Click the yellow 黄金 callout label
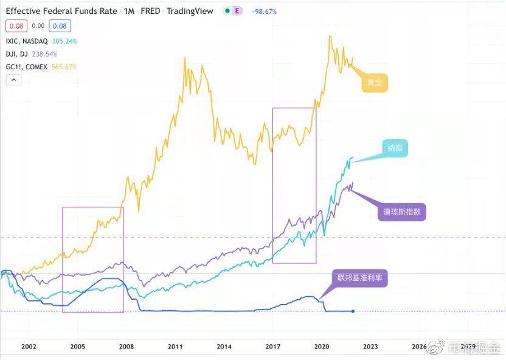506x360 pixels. coord(375,83)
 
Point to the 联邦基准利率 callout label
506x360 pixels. coord(359,278)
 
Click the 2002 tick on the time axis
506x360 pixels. coord(29,347)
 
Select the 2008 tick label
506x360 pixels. coord(126,347)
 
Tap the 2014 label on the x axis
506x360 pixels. coord(224,347)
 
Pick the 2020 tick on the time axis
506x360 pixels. coord(321,347)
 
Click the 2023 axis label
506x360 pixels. coord(370,347)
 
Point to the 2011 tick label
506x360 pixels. coord(175,347)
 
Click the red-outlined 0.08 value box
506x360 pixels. coord(16,26)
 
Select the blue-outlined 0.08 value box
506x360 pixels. coord(60,26)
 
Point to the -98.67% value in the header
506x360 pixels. coord(265,12)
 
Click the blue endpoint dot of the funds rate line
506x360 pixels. coord(353,311)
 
